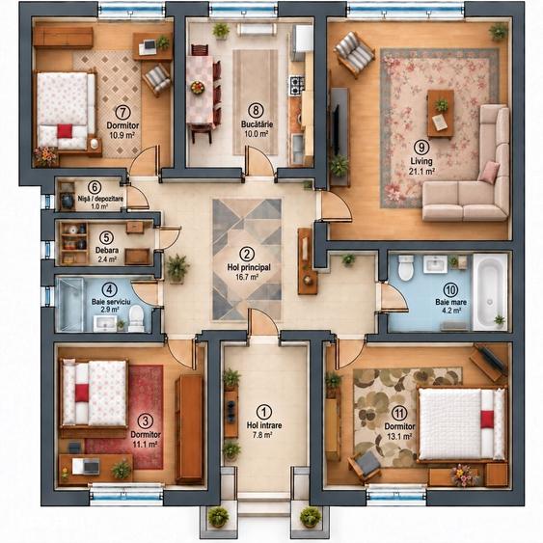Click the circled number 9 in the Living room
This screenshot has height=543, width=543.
coord(421,148)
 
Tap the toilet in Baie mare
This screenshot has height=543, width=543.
coord(406,267)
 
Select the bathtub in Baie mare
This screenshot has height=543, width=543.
coord(489,291)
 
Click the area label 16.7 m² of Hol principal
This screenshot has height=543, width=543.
coord(247,277)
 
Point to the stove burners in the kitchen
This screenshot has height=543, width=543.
coord(297,85)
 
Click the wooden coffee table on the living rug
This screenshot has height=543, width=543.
coord(441,114)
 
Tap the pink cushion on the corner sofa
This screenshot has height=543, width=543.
coord(489,172)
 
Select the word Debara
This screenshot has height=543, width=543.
coord(107,250)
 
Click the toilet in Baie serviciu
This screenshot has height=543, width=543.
coord(136,317)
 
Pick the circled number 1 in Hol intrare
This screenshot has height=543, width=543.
coord(264,413)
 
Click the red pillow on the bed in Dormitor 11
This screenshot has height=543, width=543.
coord(487,419)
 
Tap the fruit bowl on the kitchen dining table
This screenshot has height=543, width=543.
coord(198,87)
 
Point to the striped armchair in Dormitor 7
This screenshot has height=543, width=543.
coord(157,79)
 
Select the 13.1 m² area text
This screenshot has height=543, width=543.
coord(399,436)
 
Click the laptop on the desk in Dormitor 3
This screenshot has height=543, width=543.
coord(91,466)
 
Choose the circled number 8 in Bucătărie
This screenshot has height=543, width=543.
coord(256,110)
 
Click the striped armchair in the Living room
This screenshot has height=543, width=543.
coord(354,54)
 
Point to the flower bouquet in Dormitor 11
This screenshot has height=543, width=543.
coord(464,475)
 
